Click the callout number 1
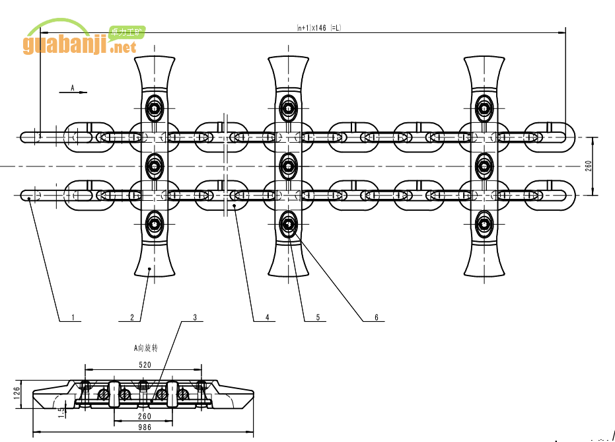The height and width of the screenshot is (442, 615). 73,318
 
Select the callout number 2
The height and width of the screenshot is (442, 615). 132,318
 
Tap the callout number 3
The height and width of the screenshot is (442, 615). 195,318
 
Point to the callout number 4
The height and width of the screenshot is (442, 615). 267,318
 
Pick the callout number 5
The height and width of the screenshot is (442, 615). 318,318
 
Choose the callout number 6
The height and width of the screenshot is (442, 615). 377,318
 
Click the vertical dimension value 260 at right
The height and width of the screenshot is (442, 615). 588,166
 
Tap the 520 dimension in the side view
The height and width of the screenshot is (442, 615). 145,365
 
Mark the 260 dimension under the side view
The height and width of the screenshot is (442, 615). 145,416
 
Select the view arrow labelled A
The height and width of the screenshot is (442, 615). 73,91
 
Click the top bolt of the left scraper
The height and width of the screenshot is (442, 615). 155,106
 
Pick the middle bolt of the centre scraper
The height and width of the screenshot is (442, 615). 288,165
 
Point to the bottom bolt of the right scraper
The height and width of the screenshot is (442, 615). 484,225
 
